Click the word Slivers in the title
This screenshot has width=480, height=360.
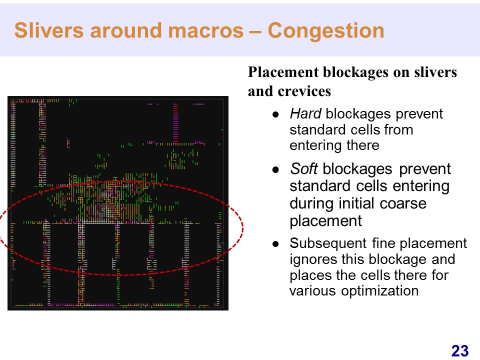(x=48, y=30)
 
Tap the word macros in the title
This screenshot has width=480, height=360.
(x=205, y=31)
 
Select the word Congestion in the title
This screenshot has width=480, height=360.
(x=326, y=31)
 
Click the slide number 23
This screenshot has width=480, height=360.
(x=460, y=351)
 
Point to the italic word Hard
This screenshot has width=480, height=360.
(x=305, y=114)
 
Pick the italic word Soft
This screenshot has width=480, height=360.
(x=303, y=168)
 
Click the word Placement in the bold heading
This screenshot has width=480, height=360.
(x=283, y=72)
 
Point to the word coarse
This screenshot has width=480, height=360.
(x=403, y=203)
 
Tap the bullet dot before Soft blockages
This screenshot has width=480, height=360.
(x=276, y=169)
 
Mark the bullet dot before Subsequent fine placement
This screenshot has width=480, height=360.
(x=276, y=244)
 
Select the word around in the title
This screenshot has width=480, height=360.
(x=126, y=31)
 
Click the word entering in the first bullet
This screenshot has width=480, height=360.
(x=315, y=145)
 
